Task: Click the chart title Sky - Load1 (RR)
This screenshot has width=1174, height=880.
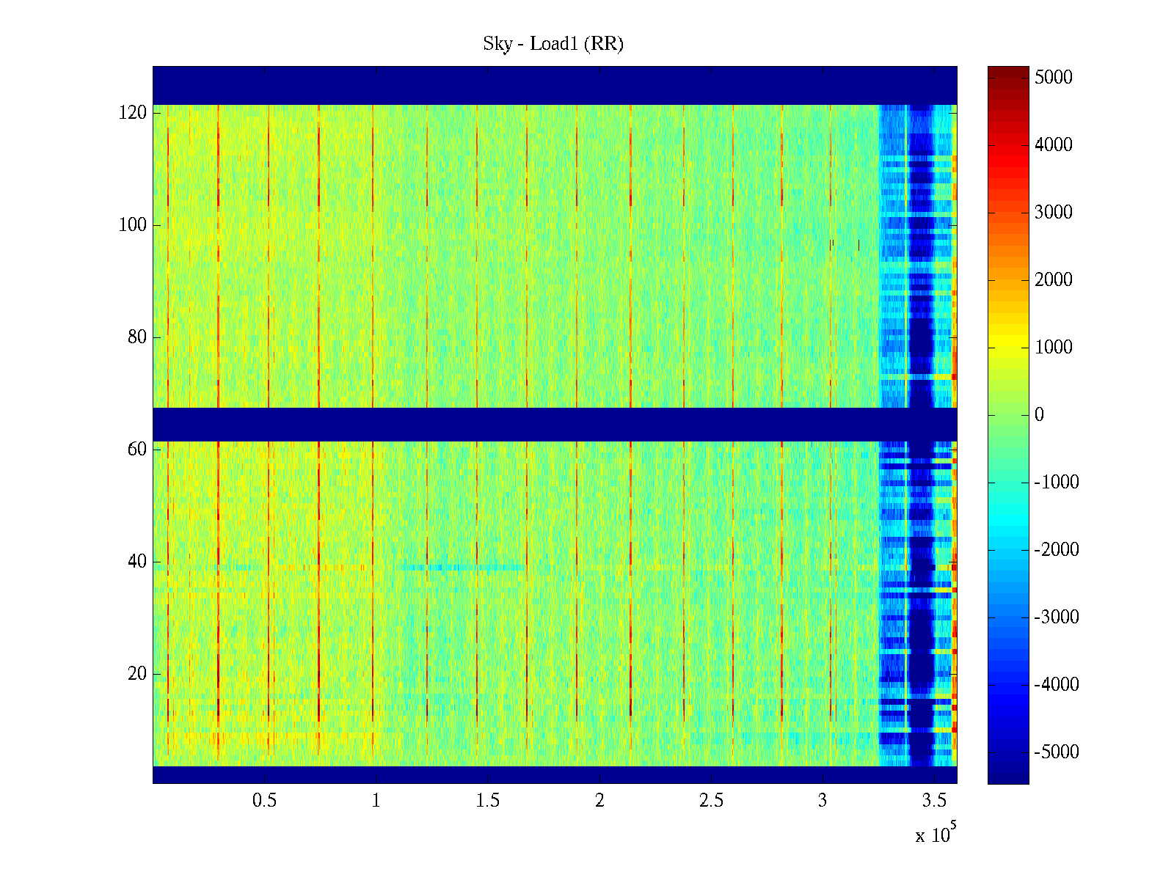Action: (553, 44)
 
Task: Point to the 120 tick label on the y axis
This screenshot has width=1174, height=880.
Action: (133, 113)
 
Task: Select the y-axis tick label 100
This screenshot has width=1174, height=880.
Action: (133, 225)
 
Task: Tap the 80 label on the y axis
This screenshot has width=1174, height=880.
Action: (137, 337)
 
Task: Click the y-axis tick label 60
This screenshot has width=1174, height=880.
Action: (137, 450)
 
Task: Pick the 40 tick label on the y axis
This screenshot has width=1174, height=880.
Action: (137, 562)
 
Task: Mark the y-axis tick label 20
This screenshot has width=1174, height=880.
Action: (137, 674)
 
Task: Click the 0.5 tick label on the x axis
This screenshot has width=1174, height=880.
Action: (264, 801)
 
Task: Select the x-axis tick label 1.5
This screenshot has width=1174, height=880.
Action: (487, 801)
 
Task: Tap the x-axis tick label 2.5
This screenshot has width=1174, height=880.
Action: (711, 801)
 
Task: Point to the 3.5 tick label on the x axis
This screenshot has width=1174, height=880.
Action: (934, 801)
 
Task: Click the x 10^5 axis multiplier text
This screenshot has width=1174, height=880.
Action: (935, 835)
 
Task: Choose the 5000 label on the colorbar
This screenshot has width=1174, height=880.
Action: (1053, 78)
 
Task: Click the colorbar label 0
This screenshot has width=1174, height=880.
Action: (1039, 415)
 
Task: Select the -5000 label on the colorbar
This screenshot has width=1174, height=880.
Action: (1056, 752)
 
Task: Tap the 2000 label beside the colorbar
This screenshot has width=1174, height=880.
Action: (1053, 280)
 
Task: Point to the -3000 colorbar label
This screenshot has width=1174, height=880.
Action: (1056, 617)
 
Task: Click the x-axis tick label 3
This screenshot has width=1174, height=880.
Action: (823, 801)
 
